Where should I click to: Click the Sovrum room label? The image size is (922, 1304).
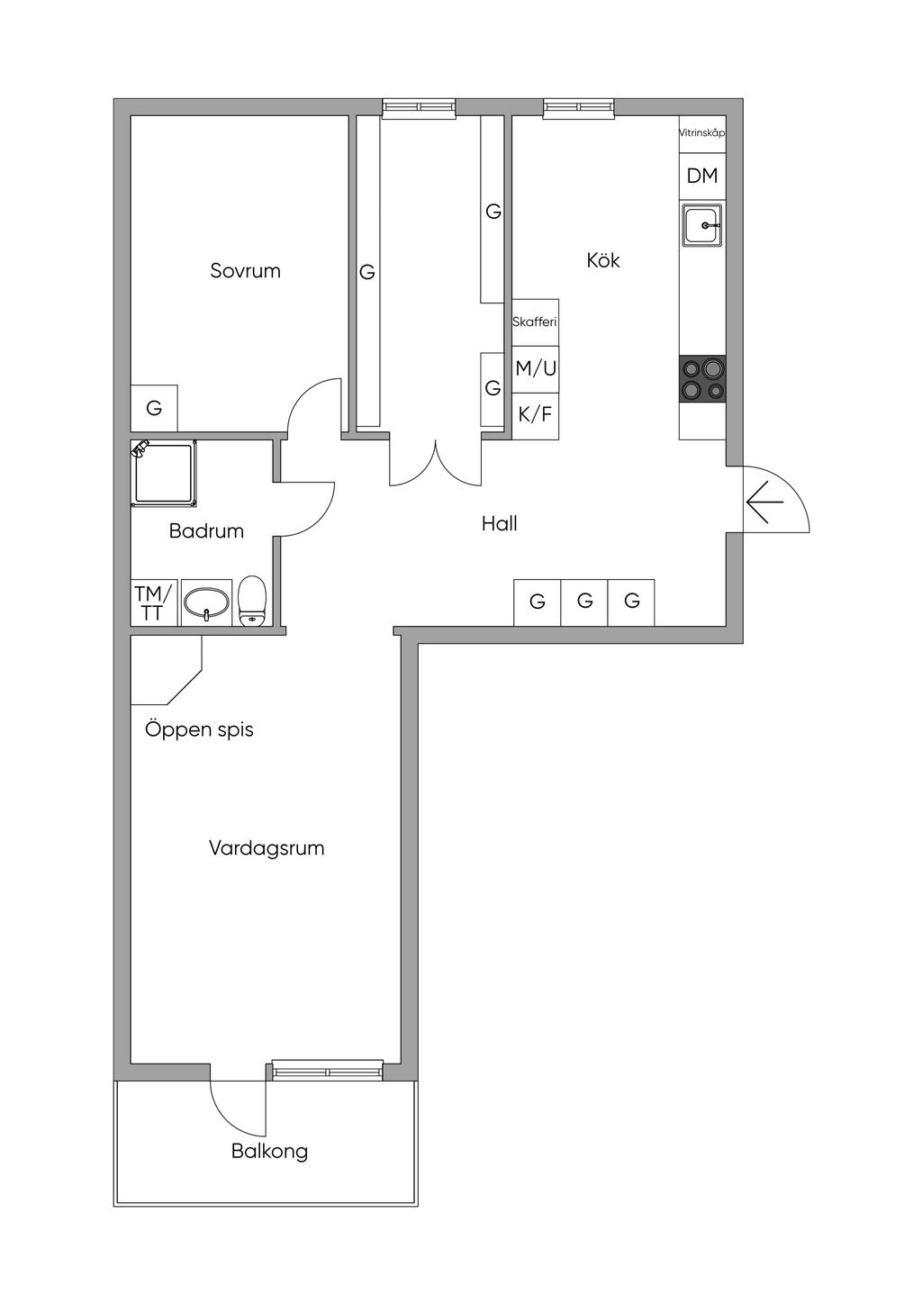pos(245,271)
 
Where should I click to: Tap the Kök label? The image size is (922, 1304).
pos(603,260)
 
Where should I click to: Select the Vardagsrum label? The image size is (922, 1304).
pos(267,848)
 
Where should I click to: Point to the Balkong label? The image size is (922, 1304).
pos(269,1152)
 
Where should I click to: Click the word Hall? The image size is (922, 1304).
pos(500,524)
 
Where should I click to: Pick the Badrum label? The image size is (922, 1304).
pos(206,531)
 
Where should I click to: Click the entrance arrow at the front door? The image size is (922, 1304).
pos(764,502)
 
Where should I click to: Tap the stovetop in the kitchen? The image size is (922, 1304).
pos(702,378)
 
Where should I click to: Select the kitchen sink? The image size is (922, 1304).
pos(701,225)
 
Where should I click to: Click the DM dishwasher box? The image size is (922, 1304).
pos(702,177)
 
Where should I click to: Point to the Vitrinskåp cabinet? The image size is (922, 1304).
pos(702,133)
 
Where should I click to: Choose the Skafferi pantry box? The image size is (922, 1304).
pos(536,322)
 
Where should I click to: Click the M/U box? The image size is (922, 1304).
pos(536,369)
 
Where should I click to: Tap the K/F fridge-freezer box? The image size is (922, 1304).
pos(536,416)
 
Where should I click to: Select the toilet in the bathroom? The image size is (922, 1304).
pos(252,602)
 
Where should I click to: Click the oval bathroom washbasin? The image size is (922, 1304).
pos(206,602)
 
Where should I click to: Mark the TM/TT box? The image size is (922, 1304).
pos(154,602)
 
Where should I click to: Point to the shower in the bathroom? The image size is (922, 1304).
pos(164,474)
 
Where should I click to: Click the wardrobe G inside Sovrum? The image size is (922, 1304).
pos(154,408)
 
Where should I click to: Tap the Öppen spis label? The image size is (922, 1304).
pos(199,730)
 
